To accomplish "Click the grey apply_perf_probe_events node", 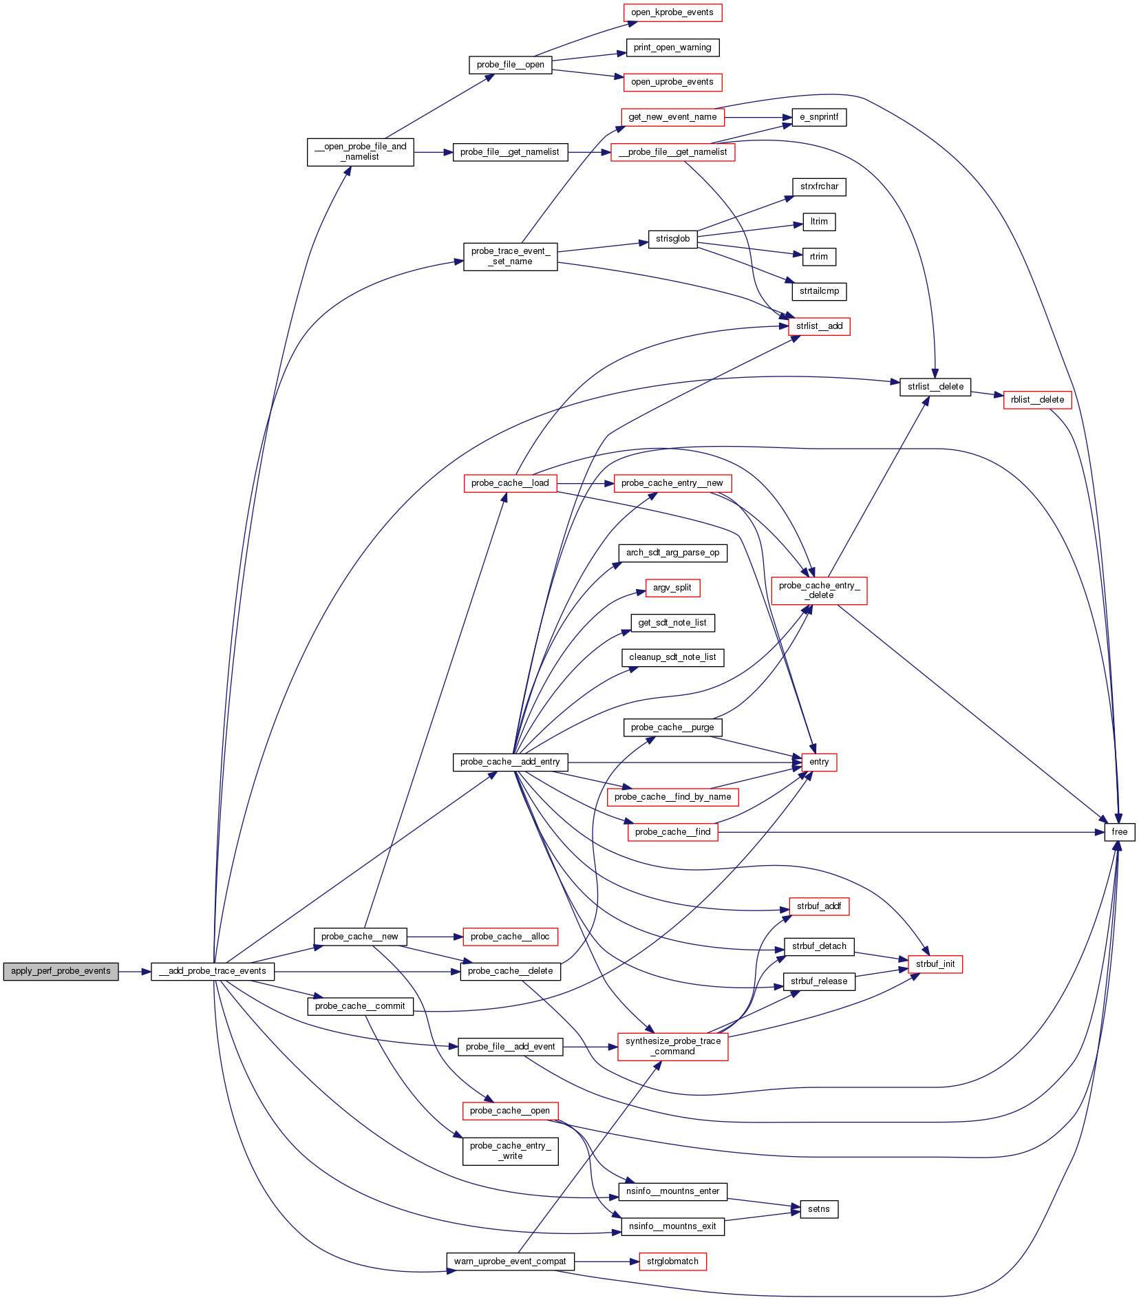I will click(61, 971).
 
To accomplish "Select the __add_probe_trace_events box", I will click(213, 971).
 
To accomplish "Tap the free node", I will click(1119, 832).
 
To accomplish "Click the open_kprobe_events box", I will click(672, 12).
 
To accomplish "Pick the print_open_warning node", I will click(672, 47).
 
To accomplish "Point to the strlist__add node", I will click(819, 326).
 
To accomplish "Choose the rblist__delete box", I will click(1037, 400).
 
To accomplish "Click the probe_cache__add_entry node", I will click(510, 762).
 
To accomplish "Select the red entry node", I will click(819, 762).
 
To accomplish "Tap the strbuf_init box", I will click(935, 964).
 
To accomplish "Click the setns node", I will click(819, 1209).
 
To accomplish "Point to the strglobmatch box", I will click(672, 1261).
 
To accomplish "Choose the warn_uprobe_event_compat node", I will click(510, 1261).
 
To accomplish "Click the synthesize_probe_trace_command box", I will click(672, 1046).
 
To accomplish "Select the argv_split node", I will click(672, 588).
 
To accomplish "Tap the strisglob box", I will click(672, 239).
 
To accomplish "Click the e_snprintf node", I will click(819, 117).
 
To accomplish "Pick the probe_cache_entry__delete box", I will click(819, 590).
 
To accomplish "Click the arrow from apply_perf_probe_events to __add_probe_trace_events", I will click(135, 971).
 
